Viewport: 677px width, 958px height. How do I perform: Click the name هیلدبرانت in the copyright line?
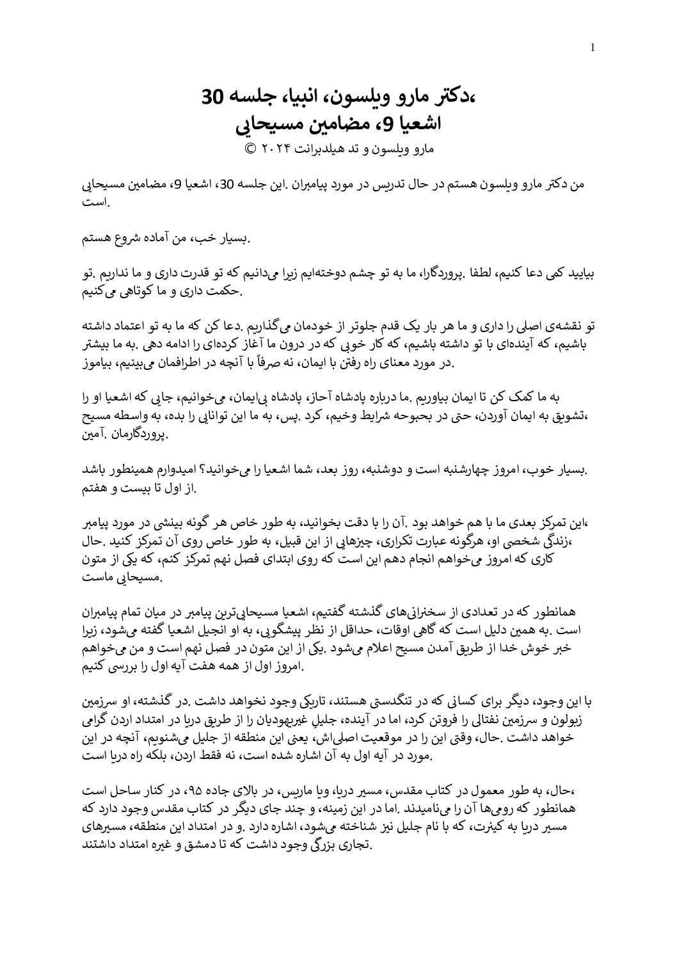coord(330,150)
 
